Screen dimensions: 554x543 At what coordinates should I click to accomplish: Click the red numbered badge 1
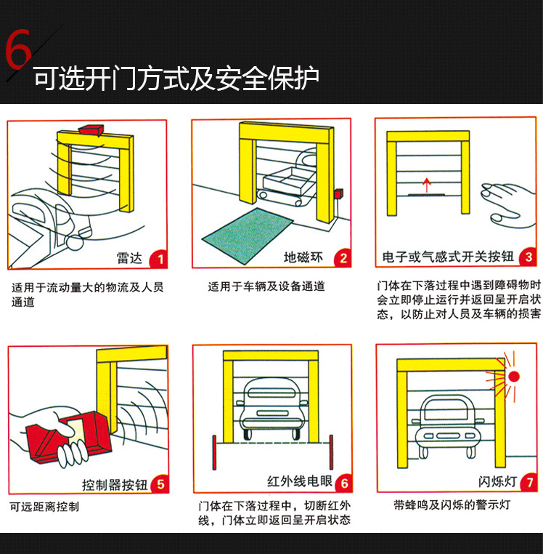(161, 257)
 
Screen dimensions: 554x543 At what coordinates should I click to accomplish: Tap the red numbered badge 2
(343, 257)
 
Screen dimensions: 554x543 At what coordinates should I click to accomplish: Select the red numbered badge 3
(528, 257)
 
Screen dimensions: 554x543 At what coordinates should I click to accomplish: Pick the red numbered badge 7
(531, 482)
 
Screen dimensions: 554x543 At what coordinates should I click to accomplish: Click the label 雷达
(131, 258)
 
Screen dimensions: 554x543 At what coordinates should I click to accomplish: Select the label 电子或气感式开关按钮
(448, 257)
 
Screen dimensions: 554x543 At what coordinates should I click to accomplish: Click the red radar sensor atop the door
(92, 129)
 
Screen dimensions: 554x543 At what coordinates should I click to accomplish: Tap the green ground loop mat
(246, 233)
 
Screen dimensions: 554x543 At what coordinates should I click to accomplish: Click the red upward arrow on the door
(427, 182)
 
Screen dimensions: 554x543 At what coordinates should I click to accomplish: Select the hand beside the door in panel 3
(507, 202)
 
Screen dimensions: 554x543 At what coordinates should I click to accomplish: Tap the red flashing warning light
(514, 377)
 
